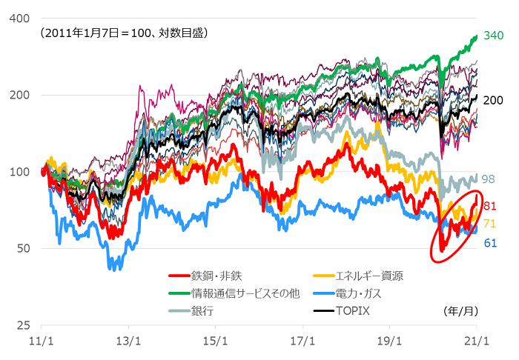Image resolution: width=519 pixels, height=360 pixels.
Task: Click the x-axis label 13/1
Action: point(128,342)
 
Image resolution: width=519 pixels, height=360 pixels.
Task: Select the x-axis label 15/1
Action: point(215,342)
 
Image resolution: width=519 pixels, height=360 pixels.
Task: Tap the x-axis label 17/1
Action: point(302,342)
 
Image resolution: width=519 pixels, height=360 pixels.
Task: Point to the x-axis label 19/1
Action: point(389,342)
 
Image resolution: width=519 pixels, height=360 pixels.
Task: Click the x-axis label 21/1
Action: point(476,342)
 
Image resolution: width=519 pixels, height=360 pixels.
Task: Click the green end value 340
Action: point(493,35)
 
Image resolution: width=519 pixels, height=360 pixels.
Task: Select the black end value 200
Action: point(493,100)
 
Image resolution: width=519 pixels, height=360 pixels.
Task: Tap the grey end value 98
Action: point(489,179)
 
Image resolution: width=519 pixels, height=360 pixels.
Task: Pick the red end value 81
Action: point(489,205)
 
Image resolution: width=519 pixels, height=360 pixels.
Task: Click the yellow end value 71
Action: point(489,223)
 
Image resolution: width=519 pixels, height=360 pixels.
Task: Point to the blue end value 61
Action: point(489,242)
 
